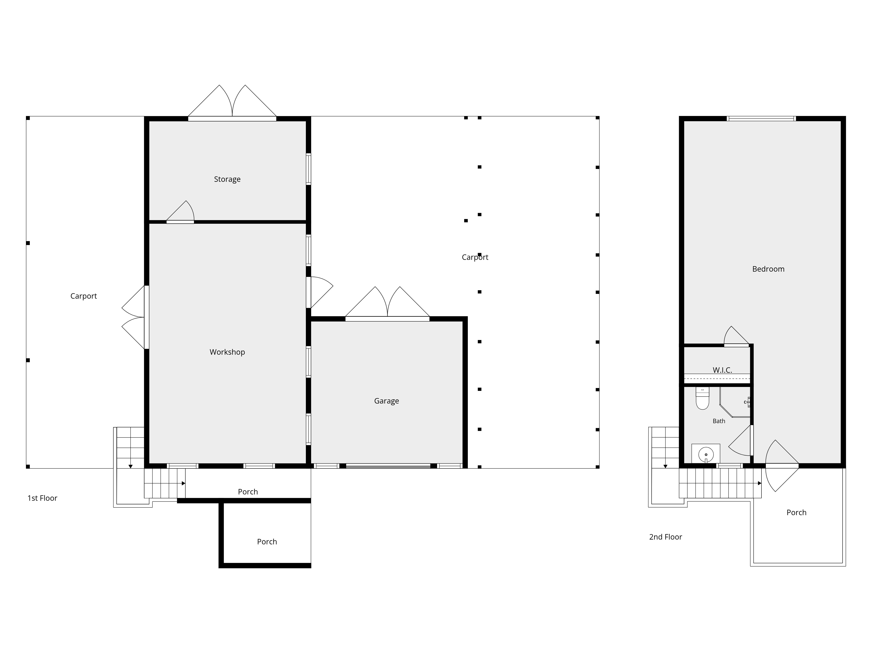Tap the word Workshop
[x=227, y=352]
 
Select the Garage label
[x=386, y=401]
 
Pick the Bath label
[x=719, y=421]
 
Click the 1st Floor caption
[x=42, y=498]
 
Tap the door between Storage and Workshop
[x=180, y=212]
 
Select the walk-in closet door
[x=736, y=336]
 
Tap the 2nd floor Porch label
[x=796, y=513]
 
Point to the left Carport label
[x=83, y=296]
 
